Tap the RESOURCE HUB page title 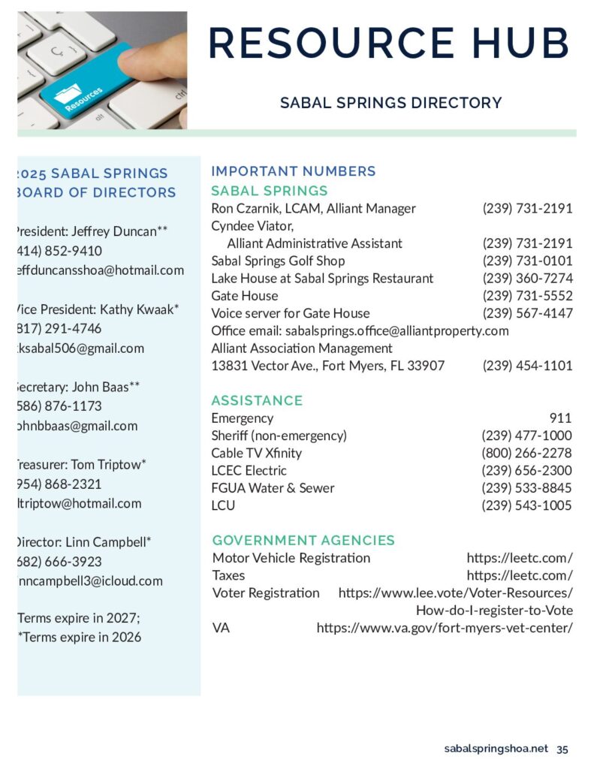(388, 43)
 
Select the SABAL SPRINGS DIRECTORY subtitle (390, 103)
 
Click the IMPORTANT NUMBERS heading (294, 171)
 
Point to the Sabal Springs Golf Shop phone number (527, 261)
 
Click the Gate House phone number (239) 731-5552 (527, 296)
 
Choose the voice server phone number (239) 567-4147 (527, 313)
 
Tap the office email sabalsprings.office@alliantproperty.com (397, 330)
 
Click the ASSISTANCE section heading (257, 400)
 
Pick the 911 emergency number (560, 418)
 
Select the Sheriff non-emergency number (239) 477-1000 (526, 436)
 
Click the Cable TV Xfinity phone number (526, 453)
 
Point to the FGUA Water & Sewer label (273, 488)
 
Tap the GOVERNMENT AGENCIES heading (303, 540)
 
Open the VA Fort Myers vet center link (445, 627)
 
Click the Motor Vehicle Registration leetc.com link (520, 558)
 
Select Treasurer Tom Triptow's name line (81, 465)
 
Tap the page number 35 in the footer (562, 749)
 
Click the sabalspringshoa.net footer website (496, 749)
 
